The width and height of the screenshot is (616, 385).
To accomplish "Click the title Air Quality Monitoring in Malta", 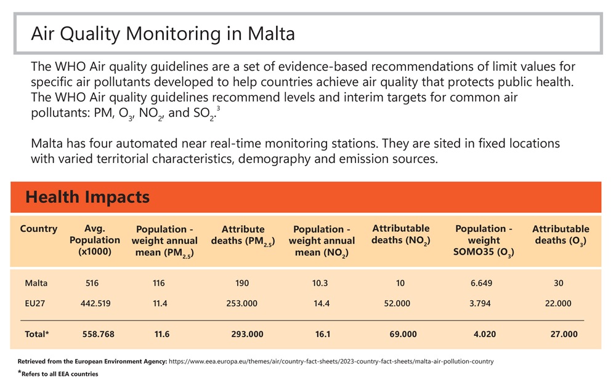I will pyautogui.click(x=163, y=33).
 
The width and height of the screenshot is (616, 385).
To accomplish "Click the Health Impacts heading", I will pyautogui.click(x=87, y=197).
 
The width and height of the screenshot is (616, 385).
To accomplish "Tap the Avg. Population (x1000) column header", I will pyautogui.click(x=95, y=240).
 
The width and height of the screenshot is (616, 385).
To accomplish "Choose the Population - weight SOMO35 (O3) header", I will pyautogui.click(x=484, y=240).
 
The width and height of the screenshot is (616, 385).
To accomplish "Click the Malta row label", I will pyautogui.click(x=36, y=283).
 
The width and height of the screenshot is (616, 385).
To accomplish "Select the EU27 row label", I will pyautogui.click(x=36, y=303).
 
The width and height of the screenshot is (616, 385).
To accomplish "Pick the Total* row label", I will pyautogui.click(x=37, y=334).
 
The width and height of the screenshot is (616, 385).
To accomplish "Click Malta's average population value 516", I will pyautogui.click(x=92, y=283).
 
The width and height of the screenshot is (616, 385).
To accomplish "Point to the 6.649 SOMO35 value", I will pyautogui.click(x=480, y=283).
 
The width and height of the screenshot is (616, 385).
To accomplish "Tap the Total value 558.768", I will pyautogui.click(x=99, y=334).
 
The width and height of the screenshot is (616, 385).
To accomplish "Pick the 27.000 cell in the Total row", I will pyautogui.click(x=563, y=334).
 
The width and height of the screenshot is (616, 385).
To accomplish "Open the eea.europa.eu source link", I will pyautogui.click(x=331, y=361).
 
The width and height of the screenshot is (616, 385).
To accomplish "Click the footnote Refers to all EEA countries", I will pyautogui.click(x=59, y=373).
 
